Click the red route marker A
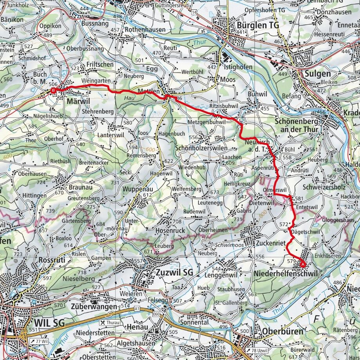tap(303, 264)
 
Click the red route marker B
tap(54, 91)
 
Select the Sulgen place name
tap(313, 74)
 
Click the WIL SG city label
tap(49, 322)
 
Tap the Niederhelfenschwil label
tap(285, 274)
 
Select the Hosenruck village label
tap(170, 231)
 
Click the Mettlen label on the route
tap(148, 91)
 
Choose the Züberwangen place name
tap(94, 306)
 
